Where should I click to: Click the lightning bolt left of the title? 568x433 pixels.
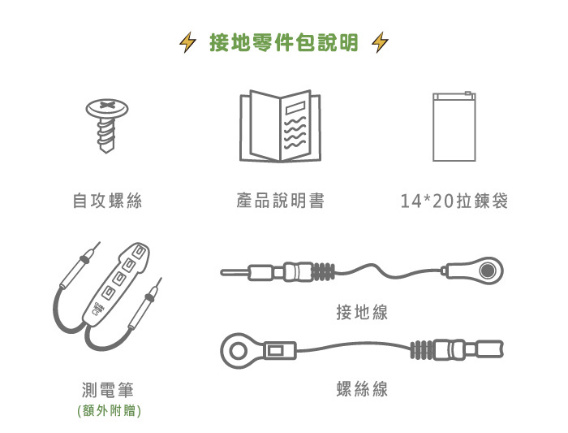click(x=188, y=42)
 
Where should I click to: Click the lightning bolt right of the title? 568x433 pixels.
click(x=380, y=42)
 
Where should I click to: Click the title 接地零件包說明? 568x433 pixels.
click(x=284, y=42)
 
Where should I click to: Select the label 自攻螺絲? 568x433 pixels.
click(x=108, y=201)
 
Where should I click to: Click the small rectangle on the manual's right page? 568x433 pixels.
click(x=295, y=108)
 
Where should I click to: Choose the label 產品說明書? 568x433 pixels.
click(x=281, y=201)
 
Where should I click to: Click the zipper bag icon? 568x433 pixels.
click(x=454, y=126)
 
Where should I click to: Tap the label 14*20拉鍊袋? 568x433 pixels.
click(x=454, y=201)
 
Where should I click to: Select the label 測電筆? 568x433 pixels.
click(x=108, y=390)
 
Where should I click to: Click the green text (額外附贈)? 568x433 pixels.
click(x=109, y=411)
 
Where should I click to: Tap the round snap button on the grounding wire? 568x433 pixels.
click(x=487, y=271)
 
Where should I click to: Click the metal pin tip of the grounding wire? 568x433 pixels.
click(x=235, y=272)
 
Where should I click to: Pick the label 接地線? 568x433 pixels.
click(x=362, y=312)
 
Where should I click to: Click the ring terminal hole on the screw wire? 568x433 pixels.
click(x=238, y=351)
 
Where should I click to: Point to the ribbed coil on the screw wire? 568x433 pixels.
click(x=421, y=350)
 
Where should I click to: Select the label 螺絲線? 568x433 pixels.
click(x=362, y=389)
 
